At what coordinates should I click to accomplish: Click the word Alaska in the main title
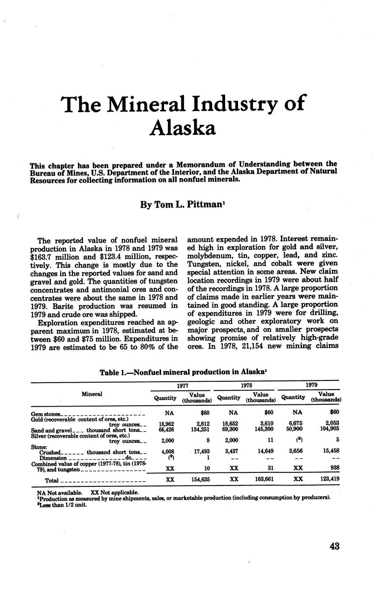point(182,127)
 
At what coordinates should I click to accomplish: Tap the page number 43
point(335,546)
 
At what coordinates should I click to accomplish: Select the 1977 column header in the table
point(181,385)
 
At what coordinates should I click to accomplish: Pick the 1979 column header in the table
point(311,385)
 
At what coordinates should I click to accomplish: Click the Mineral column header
point(92,394)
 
